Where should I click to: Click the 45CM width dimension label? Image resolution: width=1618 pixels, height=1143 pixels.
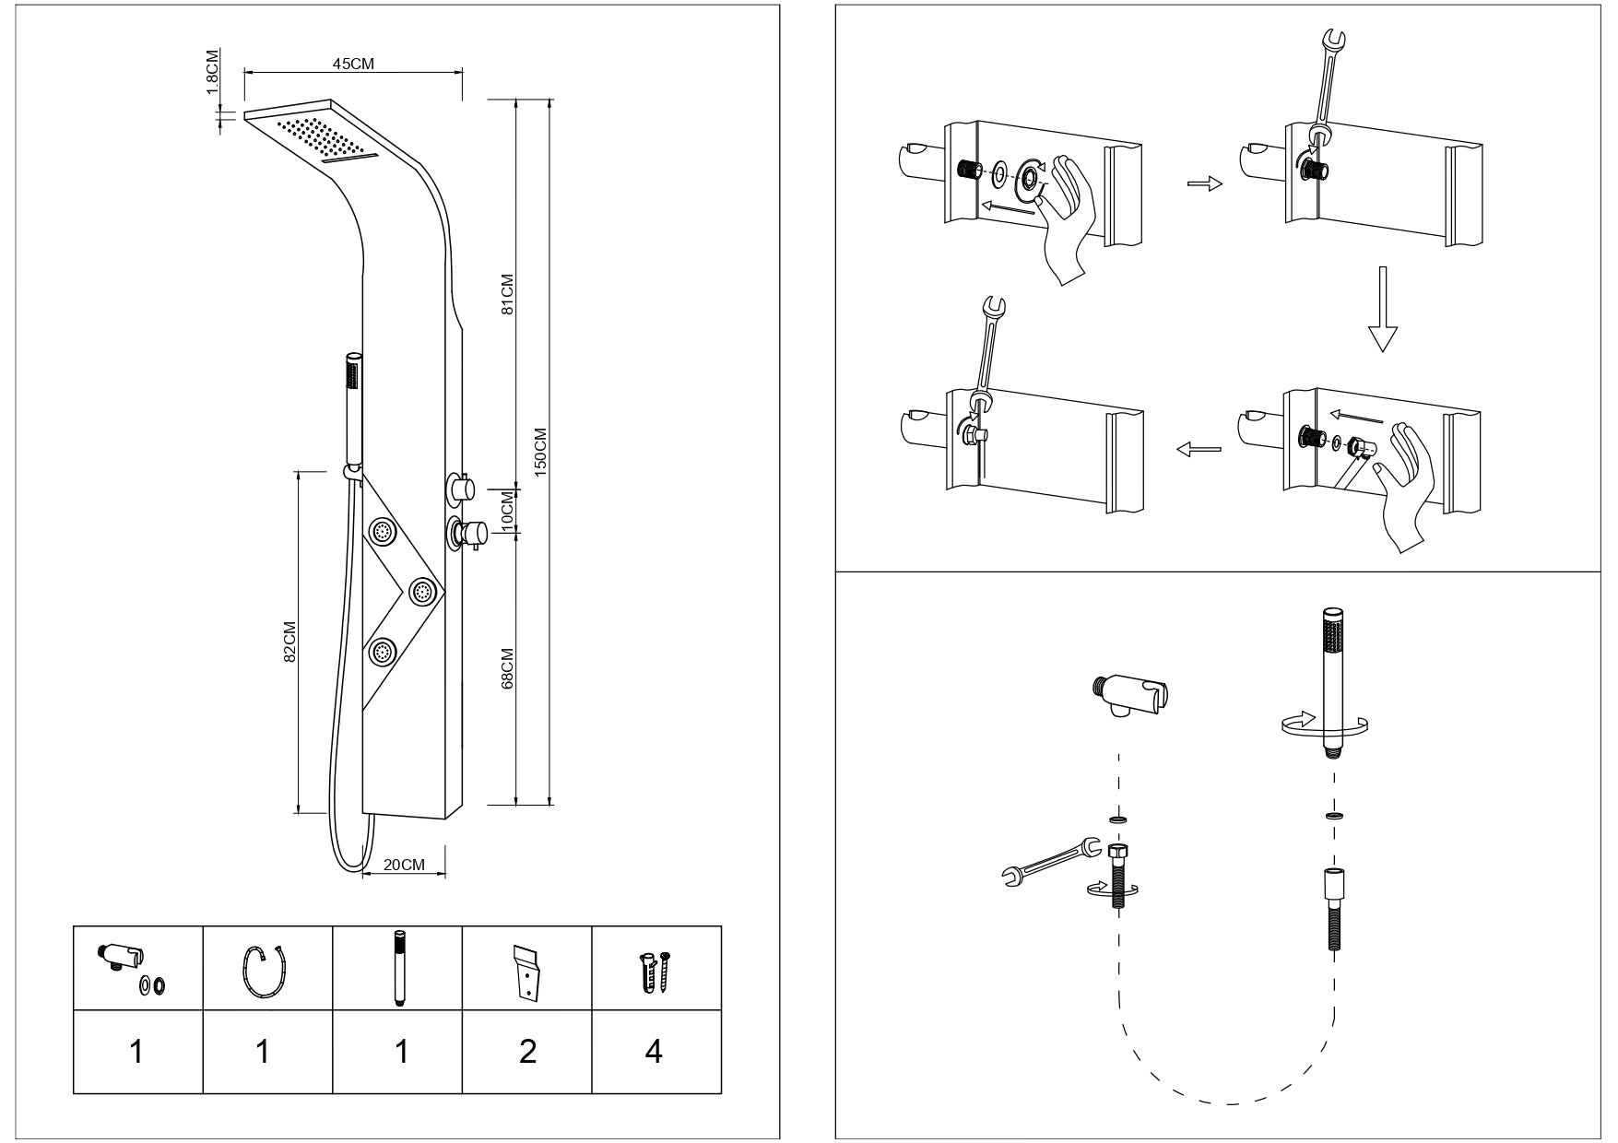coord(352,64)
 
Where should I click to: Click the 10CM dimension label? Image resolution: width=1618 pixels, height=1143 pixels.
coord(506,508)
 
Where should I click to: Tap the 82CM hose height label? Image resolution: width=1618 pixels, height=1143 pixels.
coord(289,641)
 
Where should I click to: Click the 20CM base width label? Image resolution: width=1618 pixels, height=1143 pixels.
coord(404,865)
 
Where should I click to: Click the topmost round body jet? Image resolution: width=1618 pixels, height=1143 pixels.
coord(383,530)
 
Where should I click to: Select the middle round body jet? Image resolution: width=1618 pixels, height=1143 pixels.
coord(422,590)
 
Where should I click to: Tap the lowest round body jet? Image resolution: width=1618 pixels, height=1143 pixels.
coord(383,652)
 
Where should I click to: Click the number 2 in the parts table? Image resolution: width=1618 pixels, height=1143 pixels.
coord(527,1051)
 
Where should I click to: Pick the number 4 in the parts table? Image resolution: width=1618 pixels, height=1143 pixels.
coord(654,1051)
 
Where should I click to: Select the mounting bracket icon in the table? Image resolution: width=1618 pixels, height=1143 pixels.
coord(526,972)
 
